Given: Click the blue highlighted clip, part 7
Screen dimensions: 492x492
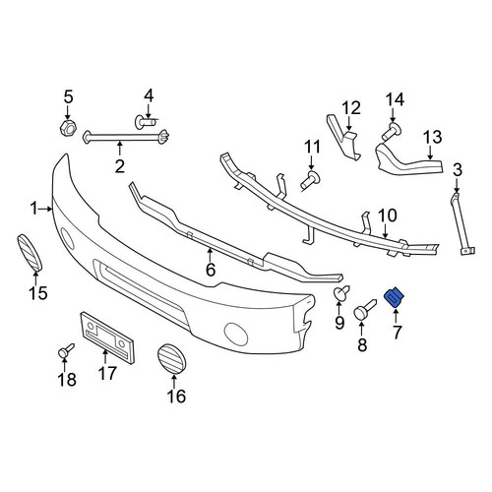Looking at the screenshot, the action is click(x=394, y=297).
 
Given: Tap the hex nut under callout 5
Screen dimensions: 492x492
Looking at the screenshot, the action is click(x=68, y=128).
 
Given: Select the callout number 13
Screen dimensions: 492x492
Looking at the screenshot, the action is click(x=432, y=138).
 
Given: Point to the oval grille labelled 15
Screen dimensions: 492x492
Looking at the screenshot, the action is click(x=30, y=253).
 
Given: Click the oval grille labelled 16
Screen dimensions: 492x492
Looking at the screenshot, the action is click(x=172, y=359).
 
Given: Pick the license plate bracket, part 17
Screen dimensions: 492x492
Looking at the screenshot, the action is click(x=107, y=338).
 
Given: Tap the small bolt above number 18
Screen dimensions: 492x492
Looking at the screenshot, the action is click(x=66, y=350).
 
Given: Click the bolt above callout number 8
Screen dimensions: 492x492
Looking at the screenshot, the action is click(x=364, y=309).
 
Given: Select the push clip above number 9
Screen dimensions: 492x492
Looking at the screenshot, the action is click(x=341, y=293).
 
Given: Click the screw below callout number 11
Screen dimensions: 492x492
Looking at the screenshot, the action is click(x=311, y=180).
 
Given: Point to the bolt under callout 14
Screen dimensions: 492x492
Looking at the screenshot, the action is click(x=392, y=131).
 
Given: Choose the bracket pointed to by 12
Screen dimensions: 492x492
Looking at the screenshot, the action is click(x=343, y=138).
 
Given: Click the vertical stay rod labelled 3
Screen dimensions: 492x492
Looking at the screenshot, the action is click(x=462, y=224).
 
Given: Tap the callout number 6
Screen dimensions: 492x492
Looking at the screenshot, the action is click(x=211, y=270).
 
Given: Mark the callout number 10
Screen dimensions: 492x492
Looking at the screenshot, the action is click(x=388, y=215).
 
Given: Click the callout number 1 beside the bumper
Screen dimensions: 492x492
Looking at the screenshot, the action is click(x=34, y=209).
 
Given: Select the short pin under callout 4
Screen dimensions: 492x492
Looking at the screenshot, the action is click(x=146, y=122).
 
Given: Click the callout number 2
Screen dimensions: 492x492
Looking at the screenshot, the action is click(x=120, y=166).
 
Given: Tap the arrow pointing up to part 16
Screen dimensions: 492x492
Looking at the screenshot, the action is click(x=174, y=381).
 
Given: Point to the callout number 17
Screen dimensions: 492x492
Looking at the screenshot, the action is click(x=107, y=373).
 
